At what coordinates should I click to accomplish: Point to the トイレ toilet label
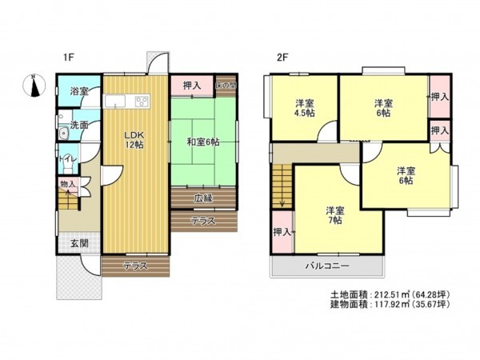[x=66, y=159]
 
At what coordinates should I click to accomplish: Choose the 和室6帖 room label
[x=202, y=142]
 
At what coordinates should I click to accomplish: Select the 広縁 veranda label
[x=203, y=198]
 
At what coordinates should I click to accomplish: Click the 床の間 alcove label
[x=228, y=84]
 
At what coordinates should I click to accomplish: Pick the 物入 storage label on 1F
[x=67, y=185]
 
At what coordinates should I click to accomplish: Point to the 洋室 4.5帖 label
[x=304, y=108]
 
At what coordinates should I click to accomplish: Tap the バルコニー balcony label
[x=325, y=266]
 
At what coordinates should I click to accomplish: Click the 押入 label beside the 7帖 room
[x=282, y=232]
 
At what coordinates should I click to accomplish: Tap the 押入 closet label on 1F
[x=192, y=85]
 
